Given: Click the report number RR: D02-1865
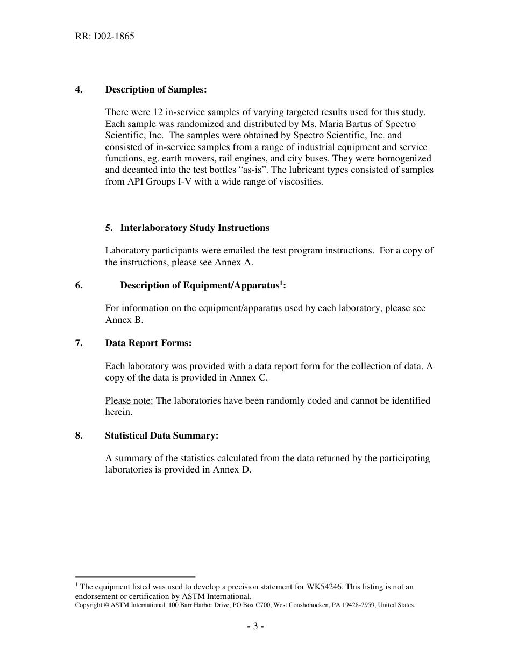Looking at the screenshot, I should pyautogui.click(x=104, y=37).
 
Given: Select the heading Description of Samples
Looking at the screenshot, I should pyautogui.click(x=155, y=89).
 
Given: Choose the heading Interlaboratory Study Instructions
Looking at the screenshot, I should pyautogui.click(x=194, y=228).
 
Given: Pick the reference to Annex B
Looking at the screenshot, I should pyautogui.click(x=124, y=320).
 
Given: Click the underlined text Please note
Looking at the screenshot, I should pyautogui.click(x=129, y=400).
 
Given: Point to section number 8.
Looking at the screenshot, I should pyautogui.click(x=79, y=435).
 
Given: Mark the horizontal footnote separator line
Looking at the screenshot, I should pyautogui.click(x=135, y=576).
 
